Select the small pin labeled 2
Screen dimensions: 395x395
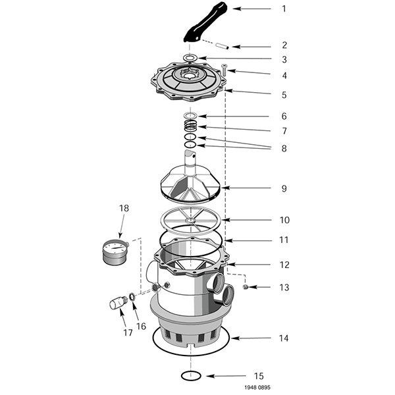tap(223, 46)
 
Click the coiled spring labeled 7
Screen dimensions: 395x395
tap(190, 124)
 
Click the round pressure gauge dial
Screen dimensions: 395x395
tap(116, 251)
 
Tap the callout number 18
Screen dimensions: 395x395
tap(124, 209)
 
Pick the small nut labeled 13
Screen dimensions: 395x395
tap(246, 286)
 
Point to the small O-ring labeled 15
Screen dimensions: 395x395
tap(190, 376)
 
